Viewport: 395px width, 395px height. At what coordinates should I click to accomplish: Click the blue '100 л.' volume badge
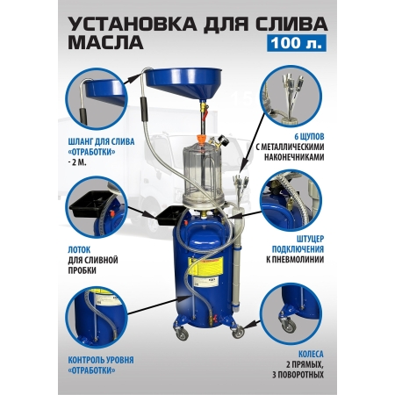(297, 43)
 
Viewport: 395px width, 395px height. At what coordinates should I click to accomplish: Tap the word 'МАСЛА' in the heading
(105, 42)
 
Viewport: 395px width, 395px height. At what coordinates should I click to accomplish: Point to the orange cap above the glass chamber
(200, 138)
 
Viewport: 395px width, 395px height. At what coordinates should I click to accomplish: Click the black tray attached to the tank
(170, 216)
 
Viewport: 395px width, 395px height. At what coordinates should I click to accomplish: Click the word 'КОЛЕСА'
(311, 355)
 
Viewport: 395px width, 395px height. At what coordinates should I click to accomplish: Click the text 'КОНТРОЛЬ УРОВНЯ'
(101, 360)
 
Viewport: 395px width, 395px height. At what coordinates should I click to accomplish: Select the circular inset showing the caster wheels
(291, 314)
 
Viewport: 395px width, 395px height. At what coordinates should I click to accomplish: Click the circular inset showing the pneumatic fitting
(291, 201)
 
